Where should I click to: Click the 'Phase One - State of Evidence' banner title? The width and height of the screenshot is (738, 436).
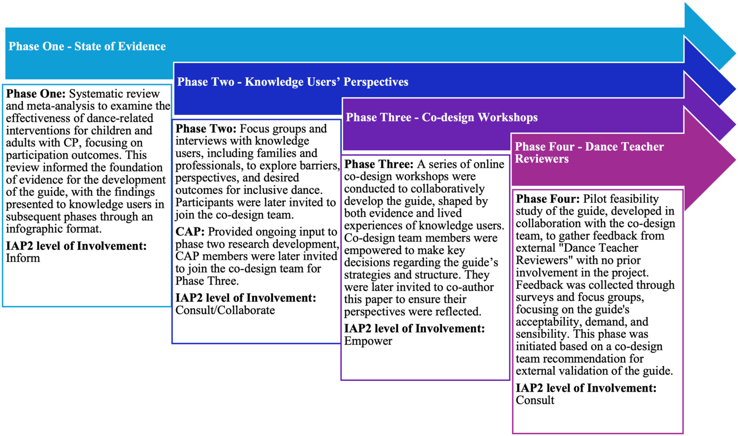click(x=87, y=46)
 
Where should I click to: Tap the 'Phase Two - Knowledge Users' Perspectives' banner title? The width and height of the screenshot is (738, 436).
click(x=293, y=82)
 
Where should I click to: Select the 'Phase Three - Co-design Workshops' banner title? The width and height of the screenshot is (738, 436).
click(x=441, y=117)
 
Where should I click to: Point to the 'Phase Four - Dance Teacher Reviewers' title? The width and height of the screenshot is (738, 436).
click(x=589, y=152)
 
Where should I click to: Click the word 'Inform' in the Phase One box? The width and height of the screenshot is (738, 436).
click(x=23, y=258)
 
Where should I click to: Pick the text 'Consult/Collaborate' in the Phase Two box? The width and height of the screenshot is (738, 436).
click(x=225, y=310)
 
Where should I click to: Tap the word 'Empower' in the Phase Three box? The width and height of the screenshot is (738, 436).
click(x=368, y=341)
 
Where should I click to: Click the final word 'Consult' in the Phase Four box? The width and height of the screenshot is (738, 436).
click(x=535, y=400)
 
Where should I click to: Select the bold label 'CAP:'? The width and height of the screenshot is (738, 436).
click(x=190, y=232)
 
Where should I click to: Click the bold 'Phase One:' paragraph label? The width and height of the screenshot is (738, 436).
click(x=36, y=94)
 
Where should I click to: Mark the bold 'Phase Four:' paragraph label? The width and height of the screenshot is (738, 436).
click(x=548, y=199)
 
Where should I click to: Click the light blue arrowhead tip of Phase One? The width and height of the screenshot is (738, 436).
click(x=735, y=54)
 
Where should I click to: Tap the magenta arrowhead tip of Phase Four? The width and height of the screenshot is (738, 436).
click(x=735, y=159)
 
